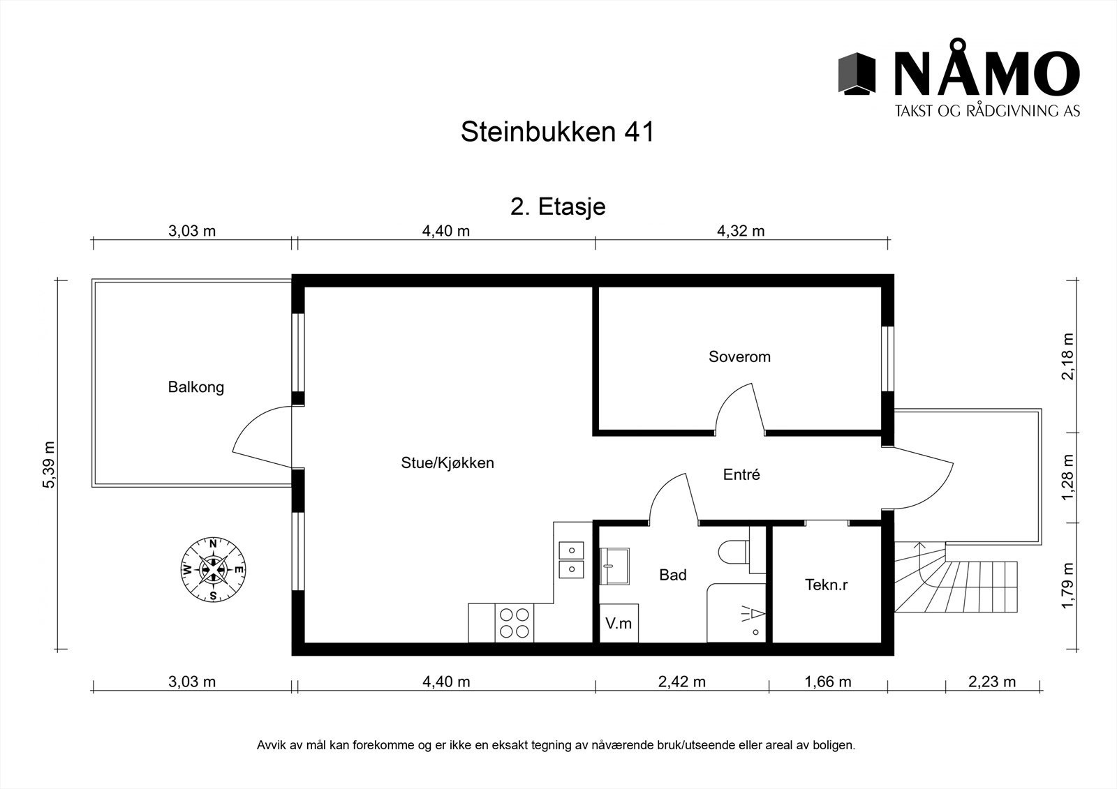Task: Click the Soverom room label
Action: point(739,357)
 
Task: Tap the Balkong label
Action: point(195,387)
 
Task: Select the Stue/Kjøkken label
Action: point(447,463)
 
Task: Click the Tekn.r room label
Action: point(826,585)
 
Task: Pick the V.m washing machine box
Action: point(619,623)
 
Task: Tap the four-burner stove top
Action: point(515,623)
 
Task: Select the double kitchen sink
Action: point(571,559)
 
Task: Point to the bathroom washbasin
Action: point(615,565)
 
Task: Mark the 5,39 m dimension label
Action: point(49,465)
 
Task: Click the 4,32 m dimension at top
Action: point(741,231)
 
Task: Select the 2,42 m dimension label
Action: point(681,682)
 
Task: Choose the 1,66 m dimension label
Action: point(827,682)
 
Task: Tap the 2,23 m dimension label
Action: point(992,682)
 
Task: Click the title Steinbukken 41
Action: point(557,132)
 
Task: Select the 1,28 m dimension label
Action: point(1068,478)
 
